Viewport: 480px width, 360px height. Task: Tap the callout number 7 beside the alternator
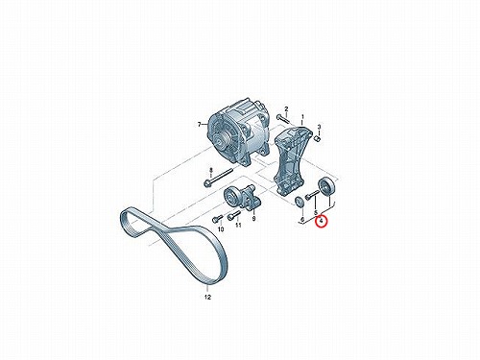200,125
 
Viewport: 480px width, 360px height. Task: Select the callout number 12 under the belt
207,297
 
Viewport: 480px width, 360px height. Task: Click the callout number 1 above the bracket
302,117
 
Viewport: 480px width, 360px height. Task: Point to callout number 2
286,108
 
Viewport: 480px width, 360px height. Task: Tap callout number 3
319,128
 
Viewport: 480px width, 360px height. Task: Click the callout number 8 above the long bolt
211,170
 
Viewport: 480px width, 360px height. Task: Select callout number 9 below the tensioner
253,219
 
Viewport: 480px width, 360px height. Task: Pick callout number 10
221,229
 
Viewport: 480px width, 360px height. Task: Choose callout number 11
238,226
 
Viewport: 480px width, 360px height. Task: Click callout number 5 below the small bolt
316,212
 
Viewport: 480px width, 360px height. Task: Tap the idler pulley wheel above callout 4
326,186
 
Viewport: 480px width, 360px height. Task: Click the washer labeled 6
299,202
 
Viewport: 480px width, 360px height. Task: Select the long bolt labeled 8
218,177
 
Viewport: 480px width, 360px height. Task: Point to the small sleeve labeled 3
318,138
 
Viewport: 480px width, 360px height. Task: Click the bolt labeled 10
217,219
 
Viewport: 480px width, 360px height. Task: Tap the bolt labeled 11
233,215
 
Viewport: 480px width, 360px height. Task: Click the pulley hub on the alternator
221,140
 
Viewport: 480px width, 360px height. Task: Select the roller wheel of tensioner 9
230,195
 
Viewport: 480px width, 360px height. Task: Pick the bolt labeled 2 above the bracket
283,119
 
